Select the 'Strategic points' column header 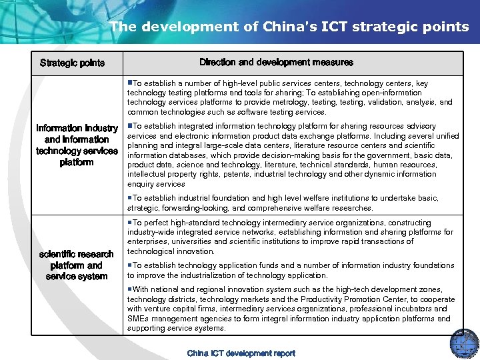72,63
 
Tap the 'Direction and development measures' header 276,63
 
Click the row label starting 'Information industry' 77,145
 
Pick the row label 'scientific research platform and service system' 77,265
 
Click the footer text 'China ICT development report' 241,353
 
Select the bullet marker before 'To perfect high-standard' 130,223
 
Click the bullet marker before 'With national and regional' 130,289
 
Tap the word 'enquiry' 141,184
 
